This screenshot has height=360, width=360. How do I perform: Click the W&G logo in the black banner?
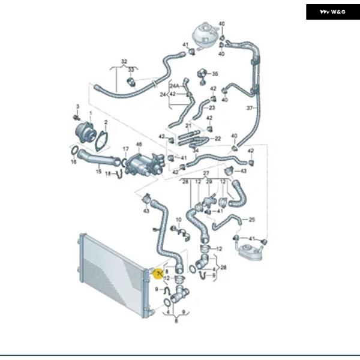pos(332,11)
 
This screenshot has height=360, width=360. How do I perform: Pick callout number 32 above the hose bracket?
pos(124,62)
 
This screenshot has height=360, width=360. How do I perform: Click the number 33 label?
pos(130,70)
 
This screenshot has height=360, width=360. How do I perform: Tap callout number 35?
pos(215,74)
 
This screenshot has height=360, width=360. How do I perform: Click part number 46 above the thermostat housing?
pos(139,145)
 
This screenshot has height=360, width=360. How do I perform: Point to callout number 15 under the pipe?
pos(99,171)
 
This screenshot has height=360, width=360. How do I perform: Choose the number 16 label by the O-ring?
pos(73,162)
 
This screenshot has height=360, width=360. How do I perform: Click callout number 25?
pos(252,220)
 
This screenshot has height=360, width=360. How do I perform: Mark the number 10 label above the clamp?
pos(178,220)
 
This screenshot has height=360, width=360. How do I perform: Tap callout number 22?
pos(218,139)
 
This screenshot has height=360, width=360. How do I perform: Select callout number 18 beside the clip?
pos(108,174)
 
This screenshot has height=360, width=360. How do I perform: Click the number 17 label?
pos(125,148)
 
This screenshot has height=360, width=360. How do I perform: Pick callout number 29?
pos(209,181)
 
